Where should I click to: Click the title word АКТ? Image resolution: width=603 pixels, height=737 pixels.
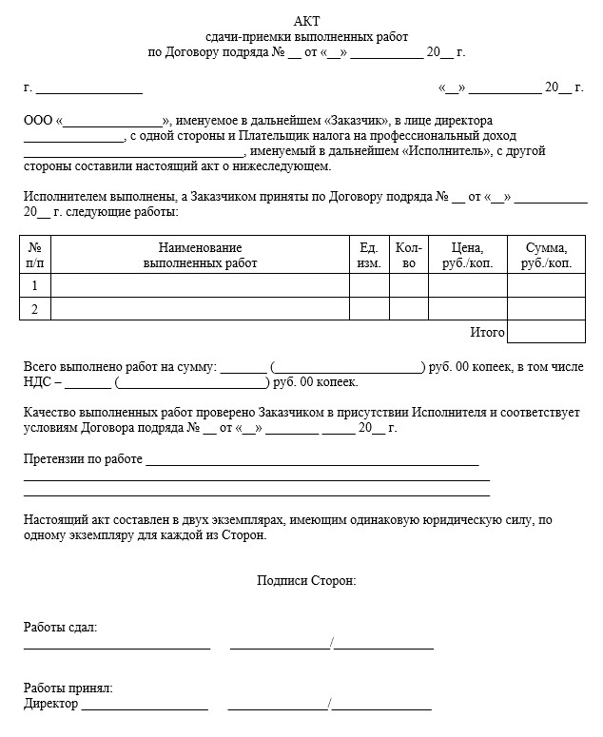click(x=306, y=22)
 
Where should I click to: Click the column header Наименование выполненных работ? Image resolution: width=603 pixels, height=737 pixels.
click(x=200, y=256)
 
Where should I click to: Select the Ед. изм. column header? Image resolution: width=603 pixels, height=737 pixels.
click(x=370, y=256)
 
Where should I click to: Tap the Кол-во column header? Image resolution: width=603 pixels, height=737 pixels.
click(x=409, y=256)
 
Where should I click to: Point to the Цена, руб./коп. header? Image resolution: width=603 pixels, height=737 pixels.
click(x=467, y=256)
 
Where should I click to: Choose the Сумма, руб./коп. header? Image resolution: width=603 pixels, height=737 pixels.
click(x=546, y=256)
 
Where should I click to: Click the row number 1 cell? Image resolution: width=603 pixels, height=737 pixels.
click(x=35, y=285)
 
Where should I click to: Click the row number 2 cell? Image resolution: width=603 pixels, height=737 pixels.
click(x=35, y=309)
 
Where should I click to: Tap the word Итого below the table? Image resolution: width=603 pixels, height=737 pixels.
click(x=487, y=333)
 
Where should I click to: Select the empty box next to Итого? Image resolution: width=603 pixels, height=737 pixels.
click(x=546, y=332)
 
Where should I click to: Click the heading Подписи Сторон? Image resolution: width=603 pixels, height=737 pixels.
click(x=306, y=581)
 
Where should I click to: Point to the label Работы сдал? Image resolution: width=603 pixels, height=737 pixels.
click(x=60, y=629)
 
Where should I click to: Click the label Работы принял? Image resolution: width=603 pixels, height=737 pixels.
click(x=68, y=688)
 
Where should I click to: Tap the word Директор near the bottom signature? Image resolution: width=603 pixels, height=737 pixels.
click(x=50, y=705)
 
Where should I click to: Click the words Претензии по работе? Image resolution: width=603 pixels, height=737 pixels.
click(x=83, y=460)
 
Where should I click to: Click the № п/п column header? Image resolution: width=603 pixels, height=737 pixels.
click(x=35, y=256)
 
